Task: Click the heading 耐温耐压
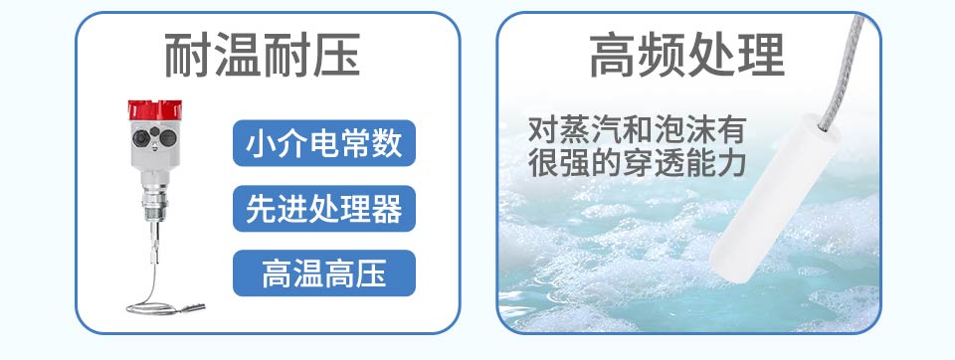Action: (263, 56)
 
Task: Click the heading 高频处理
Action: (687, 56)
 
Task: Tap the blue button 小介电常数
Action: (324, 143)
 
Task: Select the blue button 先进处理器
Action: (324, 208)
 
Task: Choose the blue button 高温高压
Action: (324, 273)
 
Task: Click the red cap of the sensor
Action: (155, 109)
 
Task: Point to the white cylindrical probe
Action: (774, 199)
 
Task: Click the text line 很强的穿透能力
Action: (637, 163)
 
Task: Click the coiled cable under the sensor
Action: (161, 298)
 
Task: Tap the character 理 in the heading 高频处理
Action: (761, 56)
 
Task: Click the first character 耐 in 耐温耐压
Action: (188, 56)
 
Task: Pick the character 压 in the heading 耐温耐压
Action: (337, 56)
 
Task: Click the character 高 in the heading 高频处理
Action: (613, 56)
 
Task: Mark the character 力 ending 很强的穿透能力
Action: (732, 163)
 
